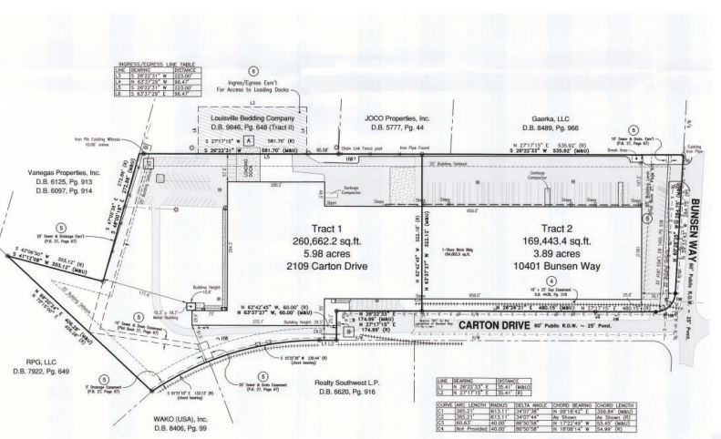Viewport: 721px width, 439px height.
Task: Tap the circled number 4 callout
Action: coord(551,281)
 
